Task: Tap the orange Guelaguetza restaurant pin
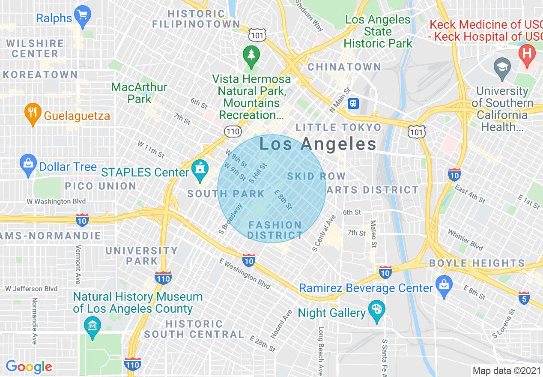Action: click(x=33, y=114)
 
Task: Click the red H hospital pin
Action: click(x=527, y=54)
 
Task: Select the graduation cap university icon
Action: click(x=502, y=69)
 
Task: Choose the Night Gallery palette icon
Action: click(x=377, y=311)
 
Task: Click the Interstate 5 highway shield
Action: click(x=525, y=298)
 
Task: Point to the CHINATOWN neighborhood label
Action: click(x=344, y=67)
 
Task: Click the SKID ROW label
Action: click(x=316, y=176)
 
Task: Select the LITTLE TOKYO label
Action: click(x=338, y=127)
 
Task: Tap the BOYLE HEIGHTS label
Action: click(x=477, y=263)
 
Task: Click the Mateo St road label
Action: click(x=373, y=234)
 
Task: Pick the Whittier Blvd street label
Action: click(x=465, y=239)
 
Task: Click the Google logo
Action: click(x=29, y=367)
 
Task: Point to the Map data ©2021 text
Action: click(x=506, y=371)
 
